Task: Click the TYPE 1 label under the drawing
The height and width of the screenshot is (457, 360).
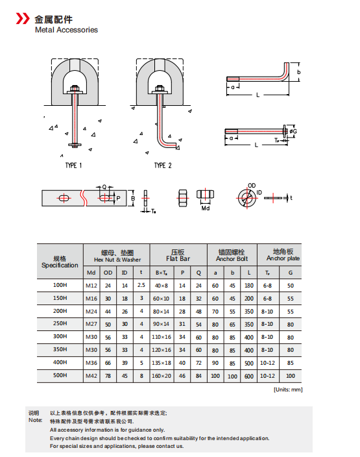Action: (73, 166)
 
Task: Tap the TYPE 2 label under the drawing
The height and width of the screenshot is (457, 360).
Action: (163, 166)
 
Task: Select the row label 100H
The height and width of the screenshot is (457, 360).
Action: (60, 285)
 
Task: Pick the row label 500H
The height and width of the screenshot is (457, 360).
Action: (60, 375)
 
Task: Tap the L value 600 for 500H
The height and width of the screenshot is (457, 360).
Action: (249, 375)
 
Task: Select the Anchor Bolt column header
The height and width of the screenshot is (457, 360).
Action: (232, 258)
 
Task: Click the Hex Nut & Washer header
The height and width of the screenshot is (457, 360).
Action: (117, 258)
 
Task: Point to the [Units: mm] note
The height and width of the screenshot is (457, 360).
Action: (287, 389)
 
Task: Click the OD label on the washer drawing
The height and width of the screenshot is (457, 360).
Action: (252, 185)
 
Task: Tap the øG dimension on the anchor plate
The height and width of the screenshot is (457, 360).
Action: (294, 132)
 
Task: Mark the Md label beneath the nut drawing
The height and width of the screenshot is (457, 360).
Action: (205, 208)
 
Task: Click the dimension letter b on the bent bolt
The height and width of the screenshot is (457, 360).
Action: (299, 72)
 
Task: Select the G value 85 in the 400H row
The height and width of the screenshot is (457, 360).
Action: (290, 362)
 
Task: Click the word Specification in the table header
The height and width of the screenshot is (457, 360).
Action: (60, 266)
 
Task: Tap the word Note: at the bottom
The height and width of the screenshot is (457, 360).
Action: (35, 420)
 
